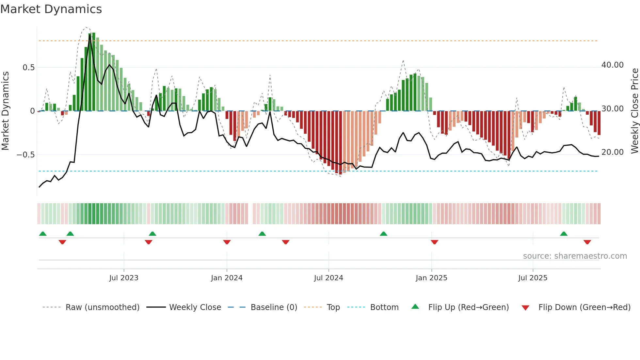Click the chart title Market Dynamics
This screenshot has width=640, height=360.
click(x=51, y=9)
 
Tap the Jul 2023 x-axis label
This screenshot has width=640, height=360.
click(x=124, y=278)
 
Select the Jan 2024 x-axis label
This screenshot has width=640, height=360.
click(x=227, y=278)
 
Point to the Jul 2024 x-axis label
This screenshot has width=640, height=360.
click(x=328, y=278)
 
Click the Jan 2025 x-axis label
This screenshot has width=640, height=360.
click(x=431, y=278)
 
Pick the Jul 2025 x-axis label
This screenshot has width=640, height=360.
click(x=533, y=278)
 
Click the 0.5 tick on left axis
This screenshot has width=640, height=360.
click(x=28, y=68)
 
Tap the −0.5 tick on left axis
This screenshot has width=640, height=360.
click(x=25, y=155)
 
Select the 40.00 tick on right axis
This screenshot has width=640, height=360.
click(x=612, y=65)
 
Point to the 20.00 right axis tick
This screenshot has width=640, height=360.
click(x=612, y=152)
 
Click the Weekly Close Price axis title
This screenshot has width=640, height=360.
click(x=634, y=111)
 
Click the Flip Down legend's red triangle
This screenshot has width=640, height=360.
click(x=525, y=308)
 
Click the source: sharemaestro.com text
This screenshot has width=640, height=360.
click(x=575, y=256)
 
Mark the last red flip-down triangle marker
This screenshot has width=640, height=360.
click(x=587, y=242)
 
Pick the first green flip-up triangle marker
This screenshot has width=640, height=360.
click(x=43, y=234)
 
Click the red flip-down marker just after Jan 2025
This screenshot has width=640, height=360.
click(x=434, y=242)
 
